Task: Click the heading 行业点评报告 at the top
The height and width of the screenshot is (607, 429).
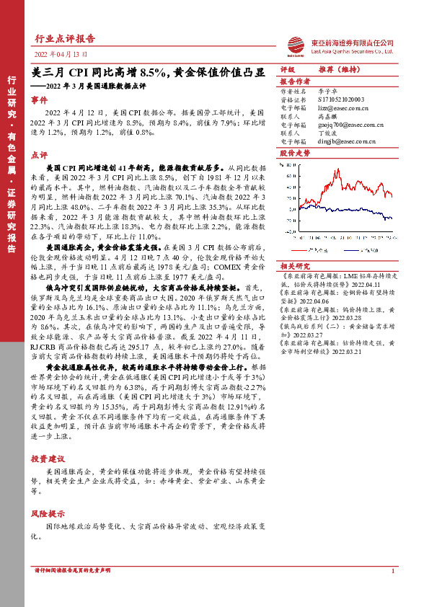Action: point(65,38)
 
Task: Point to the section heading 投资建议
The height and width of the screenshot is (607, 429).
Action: point(48,458)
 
